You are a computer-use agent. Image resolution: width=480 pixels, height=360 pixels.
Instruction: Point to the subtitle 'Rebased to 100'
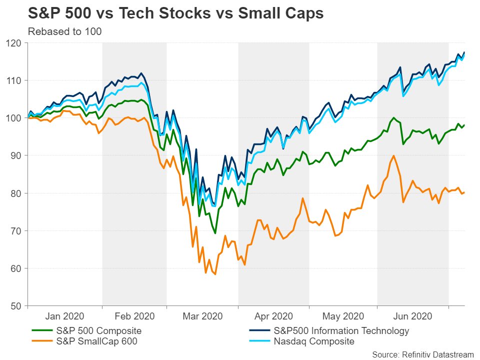pyautogui.click(x=64, y=32)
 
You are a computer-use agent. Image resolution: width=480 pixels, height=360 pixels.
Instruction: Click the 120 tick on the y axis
pyautogui.click(x=17, y=43)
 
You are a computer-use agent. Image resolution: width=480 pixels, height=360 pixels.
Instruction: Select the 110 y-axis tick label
pyautogui.click(x=17, y=80)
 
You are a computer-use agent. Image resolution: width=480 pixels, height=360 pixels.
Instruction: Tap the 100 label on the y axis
pyautogui.click(x=17, y=118)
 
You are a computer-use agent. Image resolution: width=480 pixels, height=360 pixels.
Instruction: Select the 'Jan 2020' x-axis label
pyautogui.click(x=65, y=316)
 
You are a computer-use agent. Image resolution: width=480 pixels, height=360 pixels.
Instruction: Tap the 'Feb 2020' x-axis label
pyautogui.click(x=134, y=316)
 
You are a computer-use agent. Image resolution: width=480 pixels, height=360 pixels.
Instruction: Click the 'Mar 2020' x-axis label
pyautogui.click(x=202, y=316)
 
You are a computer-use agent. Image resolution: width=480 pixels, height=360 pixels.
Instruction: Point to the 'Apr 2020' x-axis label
pyautogui.click(x=272, y=316)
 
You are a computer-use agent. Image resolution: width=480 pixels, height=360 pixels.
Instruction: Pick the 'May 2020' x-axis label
pyautogui.click(x=343, y=316)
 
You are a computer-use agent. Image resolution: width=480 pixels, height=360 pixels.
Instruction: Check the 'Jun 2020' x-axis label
pyautogui.click(x=412, y=316)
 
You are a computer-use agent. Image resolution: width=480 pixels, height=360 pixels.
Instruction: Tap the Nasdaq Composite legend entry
pyautogui.click(x=314, y=341)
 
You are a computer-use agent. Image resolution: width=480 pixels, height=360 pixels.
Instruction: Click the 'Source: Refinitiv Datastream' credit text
pyautogui.click(x=422, y=354)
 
